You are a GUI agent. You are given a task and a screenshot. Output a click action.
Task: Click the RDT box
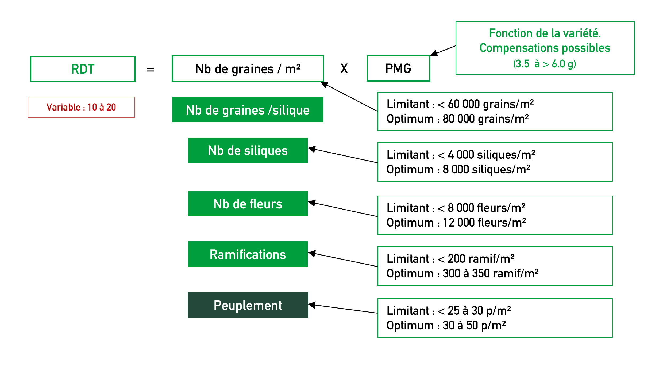pos(83,69)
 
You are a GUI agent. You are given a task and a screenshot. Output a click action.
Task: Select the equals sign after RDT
pos(150,70)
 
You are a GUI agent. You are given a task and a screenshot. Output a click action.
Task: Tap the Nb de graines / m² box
pos(248,68)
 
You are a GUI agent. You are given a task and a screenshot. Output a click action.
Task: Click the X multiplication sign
pos(344,68)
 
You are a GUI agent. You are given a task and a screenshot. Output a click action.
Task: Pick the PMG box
pos(398,68)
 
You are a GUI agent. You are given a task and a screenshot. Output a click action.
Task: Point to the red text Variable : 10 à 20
pos(81,107)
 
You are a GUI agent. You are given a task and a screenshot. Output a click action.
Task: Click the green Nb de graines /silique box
pos(248,110)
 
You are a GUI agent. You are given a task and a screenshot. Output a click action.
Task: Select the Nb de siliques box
pos(248,150)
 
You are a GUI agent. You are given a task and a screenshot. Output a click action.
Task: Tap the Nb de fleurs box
pos(248,203)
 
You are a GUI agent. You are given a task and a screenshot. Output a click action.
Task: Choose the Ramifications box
pos(248,254)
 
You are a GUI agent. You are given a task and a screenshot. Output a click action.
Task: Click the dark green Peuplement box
pos(248,305)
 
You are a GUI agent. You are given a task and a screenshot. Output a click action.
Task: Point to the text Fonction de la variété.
pos(545,33)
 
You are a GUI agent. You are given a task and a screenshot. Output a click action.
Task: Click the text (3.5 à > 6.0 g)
pos(545,64)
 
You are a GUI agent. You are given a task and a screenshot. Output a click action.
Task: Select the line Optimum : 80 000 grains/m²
pos(458,119)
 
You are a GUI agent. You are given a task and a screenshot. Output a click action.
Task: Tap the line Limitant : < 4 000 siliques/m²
pos(461,155)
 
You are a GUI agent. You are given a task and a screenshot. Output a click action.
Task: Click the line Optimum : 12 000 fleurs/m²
pos(456,223)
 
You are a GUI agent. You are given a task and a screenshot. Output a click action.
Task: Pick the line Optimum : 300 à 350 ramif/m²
pos(462,273)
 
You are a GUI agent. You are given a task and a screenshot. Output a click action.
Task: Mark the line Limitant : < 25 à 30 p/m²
pos(449,311)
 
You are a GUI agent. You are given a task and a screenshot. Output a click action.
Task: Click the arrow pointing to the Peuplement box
pos(343,309)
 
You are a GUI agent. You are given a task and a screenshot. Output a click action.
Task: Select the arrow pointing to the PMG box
pos(443,51)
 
